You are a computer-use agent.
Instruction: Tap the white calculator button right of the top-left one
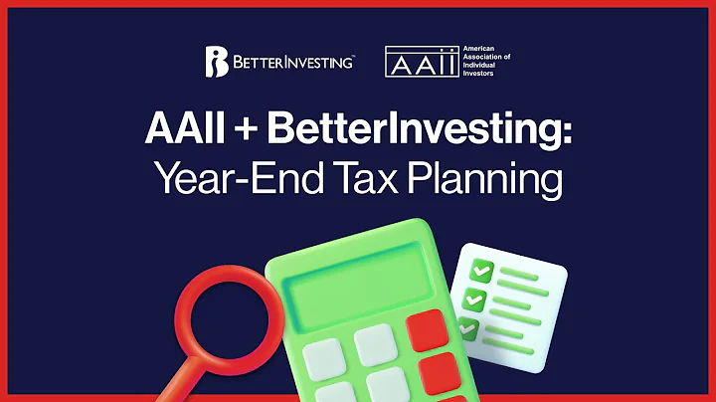[x=376, y=344]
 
